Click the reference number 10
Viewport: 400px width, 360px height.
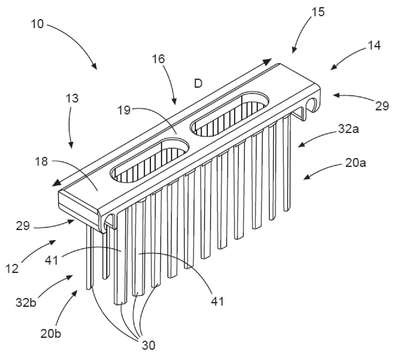click(x=37, y=24)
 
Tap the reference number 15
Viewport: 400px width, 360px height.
click(x=318, y=12)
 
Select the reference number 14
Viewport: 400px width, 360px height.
click(x=374, y=45)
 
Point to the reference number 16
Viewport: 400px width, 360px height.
click(x=159, y=59)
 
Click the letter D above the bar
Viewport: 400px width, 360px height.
click(x=198, y=83)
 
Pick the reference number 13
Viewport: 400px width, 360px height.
click(x=72, y=98)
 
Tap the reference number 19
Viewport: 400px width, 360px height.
click(x=124, y=110)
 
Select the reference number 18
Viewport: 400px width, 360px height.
click(x=41, y=162)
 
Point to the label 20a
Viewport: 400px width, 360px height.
click(x=355, y=163)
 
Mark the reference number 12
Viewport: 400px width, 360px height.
click(x=12, y=268)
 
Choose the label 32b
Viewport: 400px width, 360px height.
click(x=26, y=302)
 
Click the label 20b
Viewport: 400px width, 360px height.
click(x=51, y=334)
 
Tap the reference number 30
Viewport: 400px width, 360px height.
click(x=148, y=345)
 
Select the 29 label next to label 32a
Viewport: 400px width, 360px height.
click(x=382, y=106)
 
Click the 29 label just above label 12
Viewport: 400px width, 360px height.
click(x=23, y=226)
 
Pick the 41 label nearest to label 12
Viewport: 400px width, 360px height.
click(x=51, y=260)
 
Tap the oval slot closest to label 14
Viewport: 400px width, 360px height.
click(x=229, y=114)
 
